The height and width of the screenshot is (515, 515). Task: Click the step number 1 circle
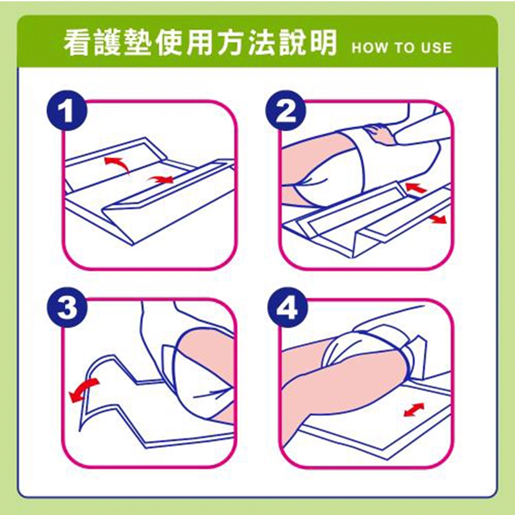(67, 110)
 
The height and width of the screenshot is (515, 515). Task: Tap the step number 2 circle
(285, 110)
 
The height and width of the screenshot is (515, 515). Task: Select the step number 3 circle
(67, 308)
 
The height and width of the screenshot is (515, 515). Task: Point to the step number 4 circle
(287, 308)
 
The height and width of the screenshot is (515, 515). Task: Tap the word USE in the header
(436, 48)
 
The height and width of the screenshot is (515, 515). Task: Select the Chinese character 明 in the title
(323, 42)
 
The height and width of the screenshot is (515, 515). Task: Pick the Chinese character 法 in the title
(262, 42)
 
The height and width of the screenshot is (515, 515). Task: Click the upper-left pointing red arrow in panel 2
(415, 188)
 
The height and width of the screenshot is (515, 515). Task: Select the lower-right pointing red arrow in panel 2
(438, 219)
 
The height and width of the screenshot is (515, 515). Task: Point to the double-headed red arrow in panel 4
(414, 409)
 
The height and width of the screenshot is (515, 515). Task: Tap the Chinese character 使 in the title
(170, 42)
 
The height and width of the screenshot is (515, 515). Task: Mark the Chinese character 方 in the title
(231, 42)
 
